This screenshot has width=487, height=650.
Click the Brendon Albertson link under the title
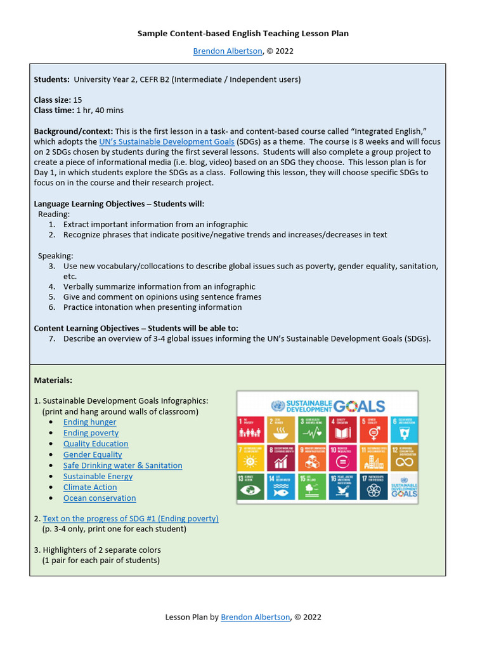pos(228,51)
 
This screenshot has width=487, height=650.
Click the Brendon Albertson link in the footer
pos(255,616)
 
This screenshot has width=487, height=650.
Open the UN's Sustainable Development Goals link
pos(167,142)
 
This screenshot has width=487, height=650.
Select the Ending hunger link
pos(89,422)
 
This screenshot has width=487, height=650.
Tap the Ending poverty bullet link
pos(91,433)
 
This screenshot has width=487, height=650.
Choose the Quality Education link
pos(96,444)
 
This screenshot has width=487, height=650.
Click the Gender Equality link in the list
pos(93,454)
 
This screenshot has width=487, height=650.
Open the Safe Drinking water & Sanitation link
pos(122,465)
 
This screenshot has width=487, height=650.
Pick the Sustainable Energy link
pos(98,476)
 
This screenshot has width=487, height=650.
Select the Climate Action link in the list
pos(90,487)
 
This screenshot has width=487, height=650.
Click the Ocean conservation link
pos(100,498)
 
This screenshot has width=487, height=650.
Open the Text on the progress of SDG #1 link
pos(131,519)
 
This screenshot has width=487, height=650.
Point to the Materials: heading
pos(53,380)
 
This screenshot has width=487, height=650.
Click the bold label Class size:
pos(53,100)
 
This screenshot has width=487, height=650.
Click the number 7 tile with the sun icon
pos(250,458)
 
